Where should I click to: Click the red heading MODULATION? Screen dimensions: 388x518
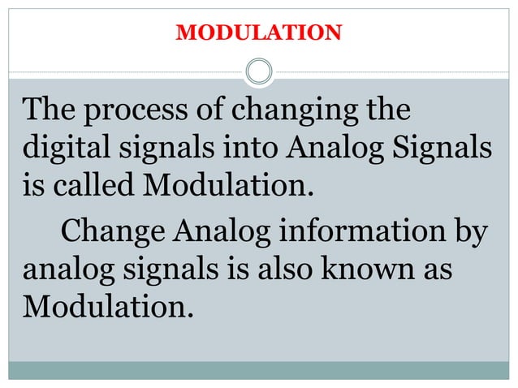pos(259,33)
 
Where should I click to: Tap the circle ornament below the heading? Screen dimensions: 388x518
pos(259,72)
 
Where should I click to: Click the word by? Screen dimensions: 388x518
pos(469,232)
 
